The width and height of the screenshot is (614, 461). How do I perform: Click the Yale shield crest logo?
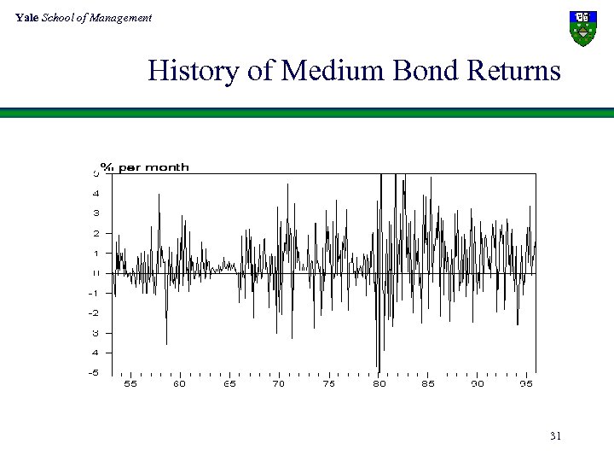pyautogui.click(x=582, y=28)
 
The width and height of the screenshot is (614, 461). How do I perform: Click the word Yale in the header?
pyautogui.click(x=26, y=17)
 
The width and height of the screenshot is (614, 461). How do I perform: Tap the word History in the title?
pyautogui.click(x=194, y=70)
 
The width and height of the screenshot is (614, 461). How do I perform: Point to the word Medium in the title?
pyautogui.click(x=333, y=70)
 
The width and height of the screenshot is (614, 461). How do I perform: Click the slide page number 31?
pyautogui.click(x=555, y=436)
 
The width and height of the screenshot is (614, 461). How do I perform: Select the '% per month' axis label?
pyautogui.click(x=145, y=167)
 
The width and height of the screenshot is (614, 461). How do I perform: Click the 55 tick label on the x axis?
pyautogui.click(x=130, y=384)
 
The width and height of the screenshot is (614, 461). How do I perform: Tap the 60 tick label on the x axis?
pyautogui.click(x=179, y=384)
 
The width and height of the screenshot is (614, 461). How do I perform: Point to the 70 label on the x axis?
pyautogui.click(x=279, y=384)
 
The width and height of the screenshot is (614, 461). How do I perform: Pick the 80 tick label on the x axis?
pyautogui.click(x=379, y=384)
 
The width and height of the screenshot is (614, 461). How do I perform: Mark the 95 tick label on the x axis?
pyautogui.click(x=527, y=384)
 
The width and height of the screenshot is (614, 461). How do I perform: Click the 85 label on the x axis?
pyautogui.click(x=428, y=384)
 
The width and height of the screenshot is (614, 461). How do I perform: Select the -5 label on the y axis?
pyautogui.click(x=93, y=372)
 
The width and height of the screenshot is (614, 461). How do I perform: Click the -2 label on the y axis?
pyautogui.click(x=93, y=312)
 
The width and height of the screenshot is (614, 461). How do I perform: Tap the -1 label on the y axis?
pyautogui.click(x=93, y=293)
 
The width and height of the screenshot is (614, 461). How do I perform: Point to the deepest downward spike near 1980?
pyautogui.click(x=378, y=367)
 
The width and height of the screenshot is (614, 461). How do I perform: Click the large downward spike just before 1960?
pyautogui.click(x=166, y=342)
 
